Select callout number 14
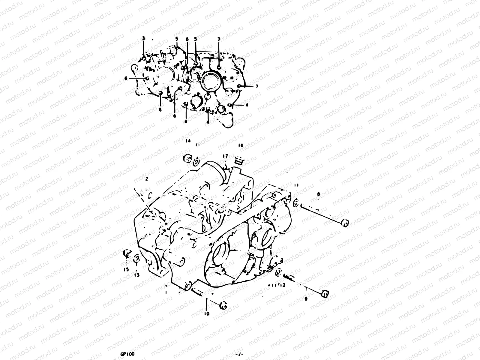pos(187,141)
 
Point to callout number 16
pos(241,145)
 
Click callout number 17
pos(225,156)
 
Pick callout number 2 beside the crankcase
pos(146,179)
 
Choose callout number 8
pos(318,194)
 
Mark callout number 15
pos(126,269)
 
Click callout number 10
pos(207,314)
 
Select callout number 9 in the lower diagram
pos(306,299)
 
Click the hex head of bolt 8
pos(345,223)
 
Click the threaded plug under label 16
pos(239,162)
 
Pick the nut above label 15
pos(127,254)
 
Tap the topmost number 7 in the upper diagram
pos(219,39)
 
